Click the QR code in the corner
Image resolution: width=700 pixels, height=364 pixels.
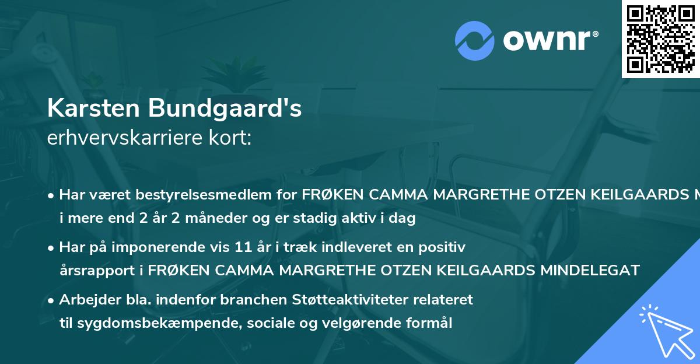(661, 38)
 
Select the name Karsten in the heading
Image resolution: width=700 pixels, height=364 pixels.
(94, 108)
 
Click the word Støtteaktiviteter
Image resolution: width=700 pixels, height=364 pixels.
(328, 300)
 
